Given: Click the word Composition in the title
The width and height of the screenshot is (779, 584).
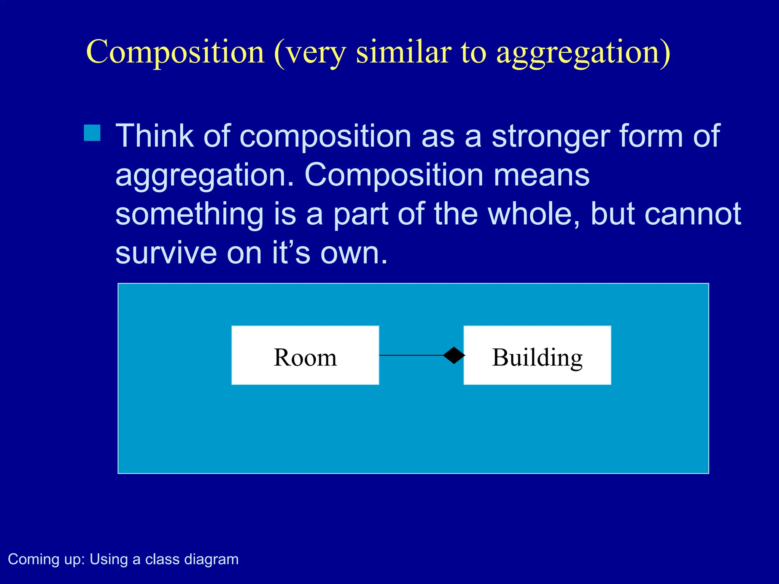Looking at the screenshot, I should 175,52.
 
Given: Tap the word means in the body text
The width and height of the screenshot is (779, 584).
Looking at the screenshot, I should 542,176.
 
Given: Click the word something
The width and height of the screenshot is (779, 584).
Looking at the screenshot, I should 189,215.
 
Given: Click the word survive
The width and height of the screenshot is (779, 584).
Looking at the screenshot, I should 166,254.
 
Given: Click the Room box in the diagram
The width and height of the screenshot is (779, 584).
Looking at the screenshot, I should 305,355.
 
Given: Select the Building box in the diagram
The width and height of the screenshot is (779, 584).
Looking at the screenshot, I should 537,355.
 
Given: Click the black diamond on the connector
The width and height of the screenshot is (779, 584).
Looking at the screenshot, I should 454,355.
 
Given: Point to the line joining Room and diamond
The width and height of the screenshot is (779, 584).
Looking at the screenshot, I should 411,355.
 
